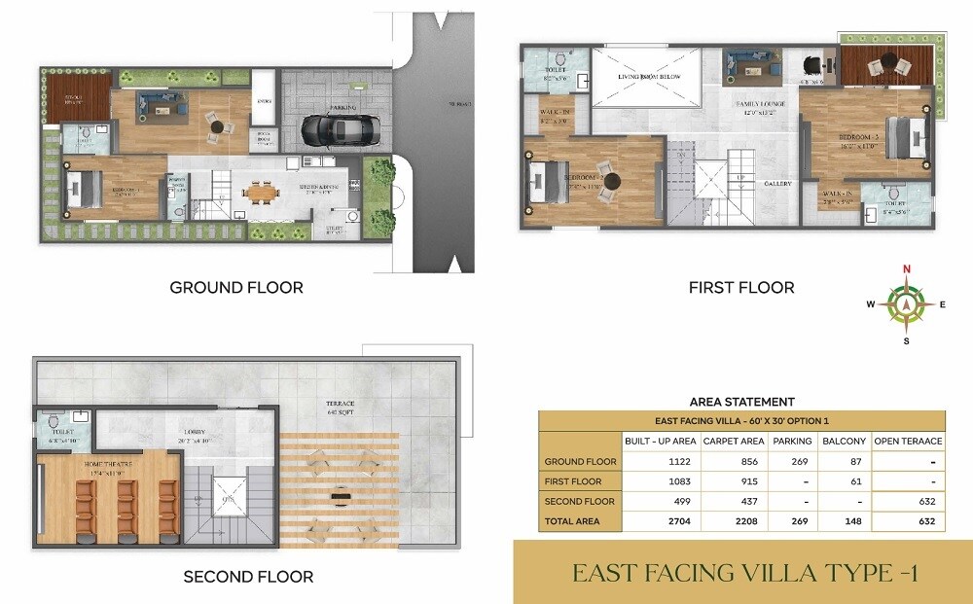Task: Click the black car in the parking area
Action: (340, 128)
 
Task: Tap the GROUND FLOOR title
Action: (236, 287)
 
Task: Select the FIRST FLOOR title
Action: (741, 287)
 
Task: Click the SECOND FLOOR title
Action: (248, 577)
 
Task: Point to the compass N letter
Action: (907, 269)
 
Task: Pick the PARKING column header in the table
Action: (792, 442)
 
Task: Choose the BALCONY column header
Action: (845, 442)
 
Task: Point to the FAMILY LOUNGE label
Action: (761, 104)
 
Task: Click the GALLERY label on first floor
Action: (777, 184)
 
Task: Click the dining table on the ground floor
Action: (261, 194)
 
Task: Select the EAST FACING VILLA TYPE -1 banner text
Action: (744, 573)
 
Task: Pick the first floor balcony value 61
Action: (844, 481)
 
